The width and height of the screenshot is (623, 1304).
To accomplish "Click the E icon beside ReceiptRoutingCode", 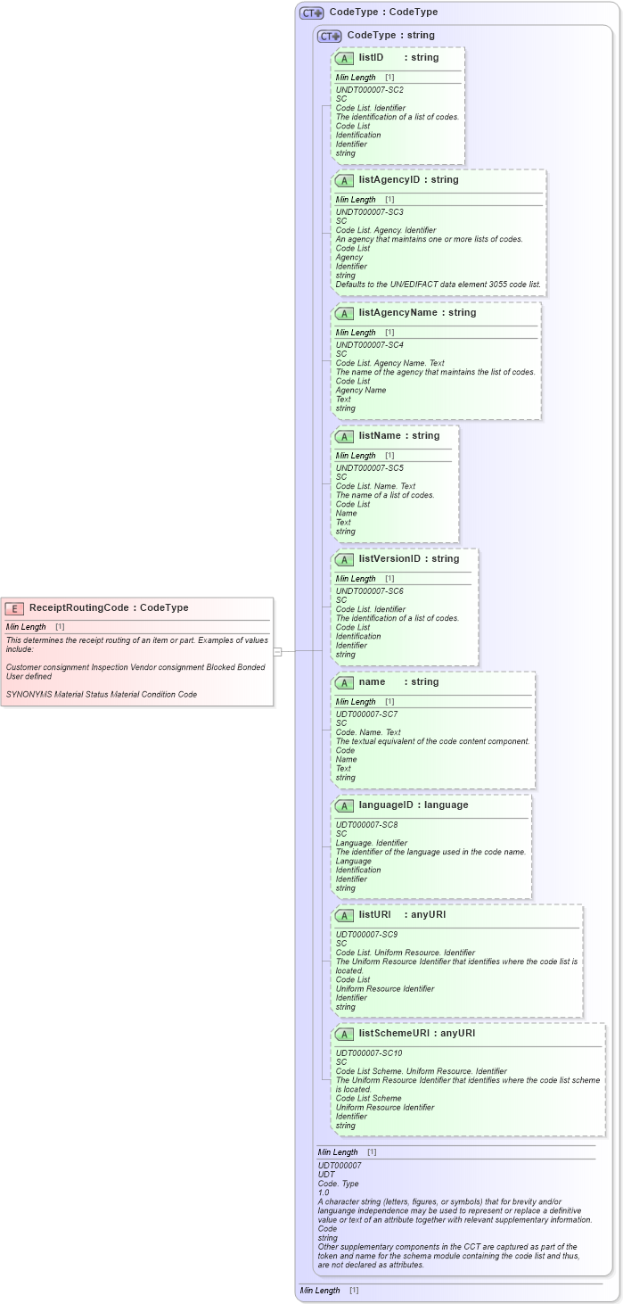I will (x=14, y=608).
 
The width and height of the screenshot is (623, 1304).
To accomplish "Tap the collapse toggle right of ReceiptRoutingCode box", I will (x=277, y=651).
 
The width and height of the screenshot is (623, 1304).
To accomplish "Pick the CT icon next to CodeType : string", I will (x=330, y=36).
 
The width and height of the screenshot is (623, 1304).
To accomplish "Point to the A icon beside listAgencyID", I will (x=345, y=180).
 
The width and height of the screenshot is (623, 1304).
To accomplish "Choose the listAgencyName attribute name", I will (x=398, y=313).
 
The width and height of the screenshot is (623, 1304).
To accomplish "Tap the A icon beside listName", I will (x=345, y=436).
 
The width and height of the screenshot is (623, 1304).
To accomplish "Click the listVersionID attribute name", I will (x=389, y=559).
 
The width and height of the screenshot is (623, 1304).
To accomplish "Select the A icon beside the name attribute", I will (x=345, y=682).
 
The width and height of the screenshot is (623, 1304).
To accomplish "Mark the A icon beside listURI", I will (x=345, y=915).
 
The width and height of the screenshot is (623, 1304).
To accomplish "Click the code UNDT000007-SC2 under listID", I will (x=369, y=90).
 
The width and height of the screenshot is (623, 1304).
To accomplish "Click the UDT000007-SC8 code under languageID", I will (x=366, y=825).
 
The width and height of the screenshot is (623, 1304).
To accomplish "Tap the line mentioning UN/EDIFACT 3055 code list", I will (x=438, y=285).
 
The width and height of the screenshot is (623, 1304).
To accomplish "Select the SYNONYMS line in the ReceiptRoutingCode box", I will (x=102, y=694).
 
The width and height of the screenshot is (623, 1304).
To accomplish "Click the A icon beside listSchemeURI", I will (x=345, y=1034).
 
